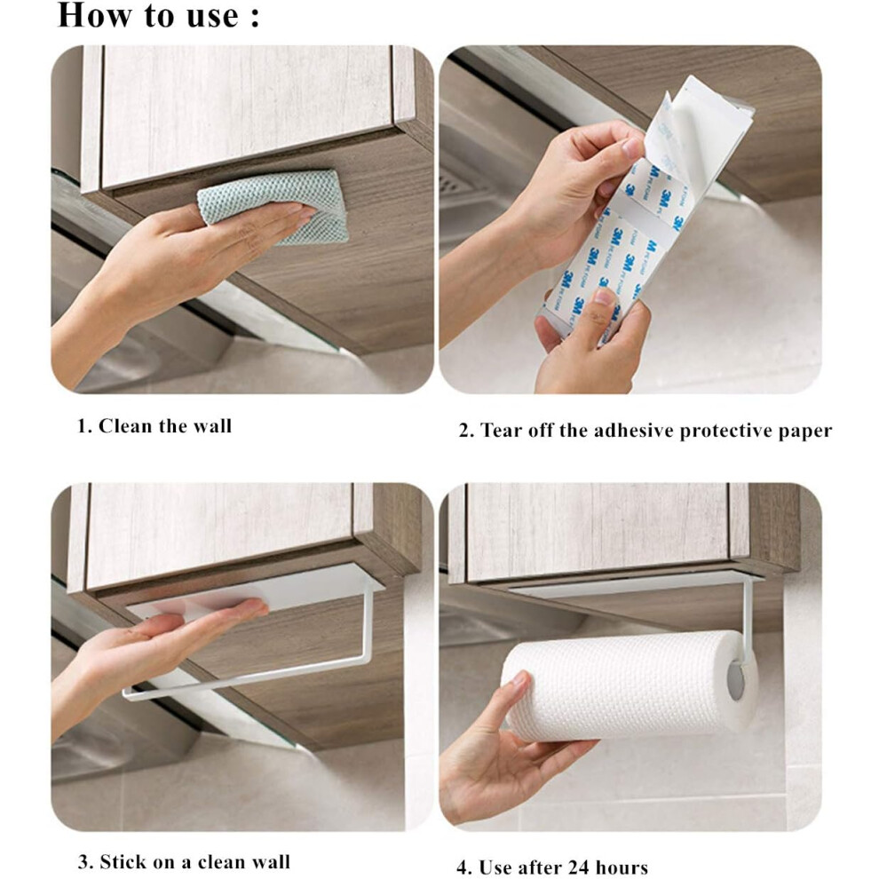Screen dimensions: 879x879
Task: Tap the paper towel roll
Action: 628,684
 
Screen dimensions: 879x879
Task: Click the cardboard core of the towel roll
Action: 736,680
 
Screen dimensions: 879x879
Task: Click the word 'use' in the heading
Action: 214,17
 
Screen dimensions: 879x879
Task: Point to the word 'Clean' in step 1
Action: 126,426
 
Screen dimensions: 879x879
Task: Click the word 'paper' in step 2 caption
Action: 805,432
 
